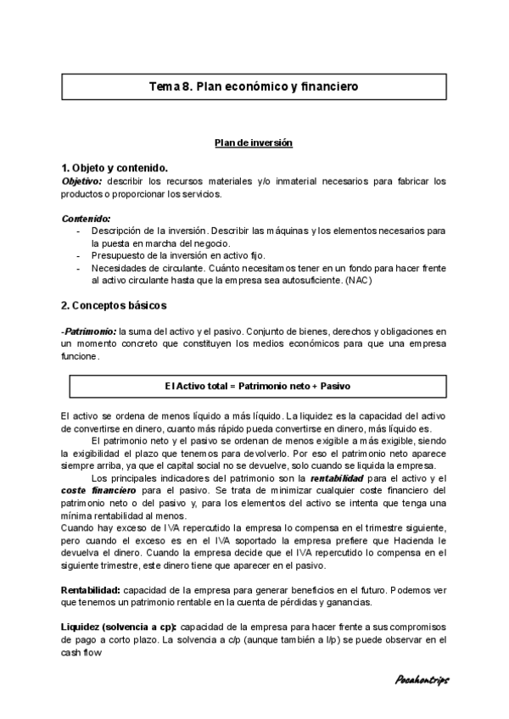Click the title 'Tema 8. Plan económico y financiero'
254,86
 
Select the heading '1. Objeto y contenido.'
115,167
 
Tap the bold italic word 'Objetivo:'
81,181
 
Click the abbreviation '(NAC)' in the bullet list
358,279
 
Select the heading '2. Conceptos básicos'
114,304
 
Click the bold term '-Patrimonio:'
88,331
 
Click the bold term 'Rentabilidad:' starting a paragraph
91,589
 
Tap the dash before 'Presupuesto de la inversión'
79,254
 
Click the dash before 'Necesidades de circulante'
79,267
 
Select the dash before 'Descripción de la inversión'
79,231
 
